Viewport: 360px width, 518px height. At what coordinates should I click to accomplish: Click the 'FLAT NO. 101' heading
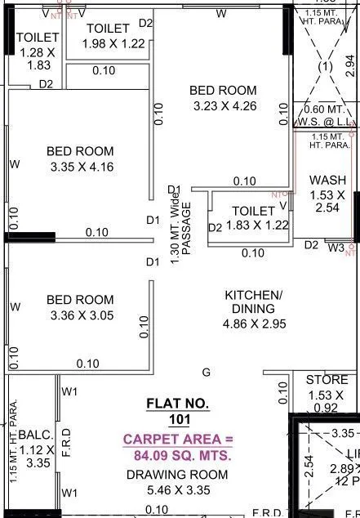click(x=178, y=412)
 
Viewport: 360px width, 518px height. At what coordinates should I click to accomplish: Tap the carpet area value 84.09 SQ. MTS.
click(x=178, y=457)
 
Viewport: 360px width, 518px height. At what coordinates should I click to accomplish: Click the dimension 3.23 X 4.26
click(x=223, y=106)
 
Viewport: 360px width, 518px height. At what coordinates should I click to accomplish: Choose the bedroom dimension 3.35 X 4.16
click(x=80, y=167)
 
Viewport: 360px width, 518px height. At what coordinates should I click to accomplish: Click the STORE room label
click(x=327, y=380)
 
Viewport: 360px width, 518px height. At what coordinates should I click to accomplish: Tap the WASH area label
click(x=327, y=181)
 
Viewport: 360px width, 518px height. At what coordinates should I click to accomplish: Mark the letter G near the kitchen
click(x=207, y=372)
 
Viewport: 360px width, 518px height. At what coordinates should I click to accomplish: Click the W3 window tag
click(x=336, y=246)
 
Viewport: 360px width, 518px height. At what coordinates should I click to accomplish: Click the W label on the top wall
click(x=221, y=14)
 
